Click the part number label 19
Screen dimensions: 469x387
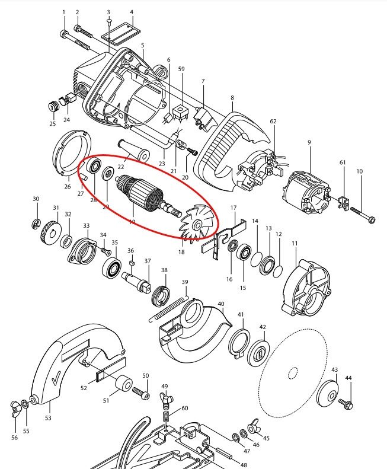[x=132, y=222]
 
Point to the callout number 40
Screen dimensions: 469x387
[x=220, y=304]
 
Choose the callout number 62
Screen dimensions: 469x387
[x=273, y=121]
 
